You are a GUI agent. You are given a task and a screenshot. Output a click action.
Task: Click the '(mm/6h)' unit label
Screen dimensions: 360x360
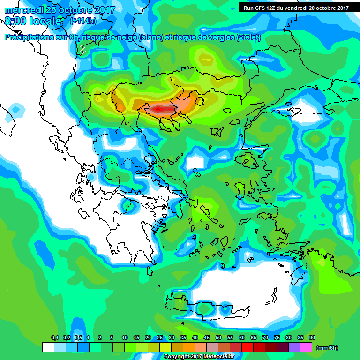tap(327, 348)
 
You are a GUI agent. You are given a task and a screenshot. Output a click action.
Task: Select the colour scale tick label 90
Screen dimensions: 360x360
tap(312, 337)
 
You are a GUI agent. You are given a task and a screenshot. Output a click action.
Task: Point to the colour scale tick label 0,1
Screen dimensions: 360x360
tap(55, 337)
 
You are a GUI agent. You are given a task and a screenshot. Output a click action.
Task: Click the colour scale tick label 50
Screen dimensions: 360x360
tap(218, 337)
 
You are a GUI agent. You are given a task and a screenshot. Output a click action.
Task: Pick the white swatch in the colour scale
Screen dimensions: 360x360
tap(48, 347)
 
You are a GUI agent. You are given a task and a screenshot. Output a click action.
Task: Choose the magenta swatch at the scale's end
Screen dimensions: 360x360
tap(306, 347)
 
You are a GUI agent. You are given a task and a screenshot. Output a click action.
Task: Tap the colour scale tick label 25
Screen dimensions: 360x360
tap(160, 337)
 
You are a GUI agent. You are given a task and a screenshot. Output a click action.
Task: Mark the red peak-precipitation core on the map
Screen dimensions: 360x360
tap(160, 109)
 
